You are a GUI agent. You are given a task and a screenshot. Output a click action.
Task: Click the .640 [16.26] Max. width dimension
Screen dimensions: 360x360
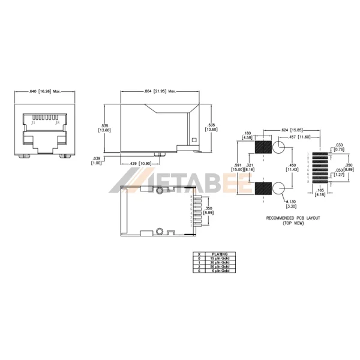pos(44,91)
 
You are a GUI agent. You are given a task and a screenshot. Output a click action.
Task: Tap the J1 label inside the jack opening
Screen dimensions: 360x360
pos(33,122)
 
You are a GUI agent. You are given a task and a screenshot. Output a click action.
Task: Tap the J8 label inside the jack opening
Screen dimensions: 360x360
pos(57,122)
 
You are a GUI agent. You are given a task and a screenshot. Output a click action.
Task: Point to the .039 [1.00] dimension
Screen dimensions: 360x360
pos(95,161)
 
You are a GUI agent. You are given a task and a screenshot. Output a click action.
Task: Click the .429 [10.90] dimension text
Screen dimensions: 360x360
pos(141,163)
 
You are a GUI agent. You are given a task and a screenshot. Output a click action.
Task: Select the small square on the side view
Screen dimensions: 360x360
pos(193,140)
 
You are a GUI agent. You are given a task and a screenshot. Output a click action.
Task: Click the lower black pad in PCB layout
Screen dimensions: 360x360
pos(263,190)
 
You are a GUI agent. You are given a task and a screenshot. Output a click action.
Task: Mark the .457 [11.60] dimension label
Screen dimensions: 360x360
pos(302,137)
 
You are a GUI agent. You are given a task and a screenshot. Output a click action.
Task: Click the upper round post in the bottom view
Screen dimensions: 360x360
pos(160,192)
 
